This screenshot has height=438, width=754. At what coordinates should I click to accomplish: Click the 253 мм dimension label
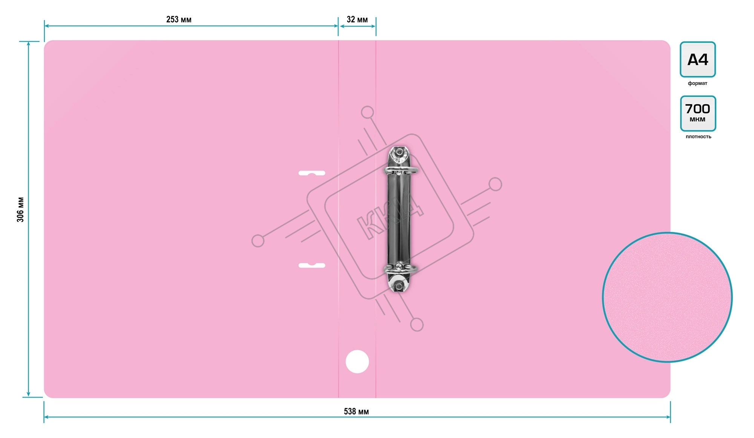(179, 20)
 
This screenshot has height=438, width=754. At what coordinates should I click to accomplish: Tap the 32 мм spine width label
(357, 20)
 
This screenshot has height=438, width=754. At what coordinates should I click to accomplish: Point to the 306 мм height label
(20, 209)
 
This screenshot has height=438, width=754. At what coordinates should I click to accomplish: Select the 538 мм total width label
(356, 411)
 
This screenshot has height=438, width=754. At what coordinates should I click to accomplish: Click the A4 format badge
(697, 60)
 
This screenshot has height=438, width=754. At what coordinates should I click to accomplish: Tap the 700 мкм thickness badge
(698, 114)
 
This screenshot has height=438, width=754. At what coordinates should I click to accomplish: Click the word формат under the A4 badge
(697, 83)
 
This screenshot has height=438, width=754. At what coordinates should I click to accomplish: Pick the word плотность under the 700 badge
(698, 137)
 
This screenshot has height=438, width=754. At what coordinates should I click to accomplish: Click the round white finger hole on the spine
(357, 362)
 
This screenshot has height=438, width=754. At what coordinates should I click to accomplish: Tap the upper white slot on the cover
(312, 173)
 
